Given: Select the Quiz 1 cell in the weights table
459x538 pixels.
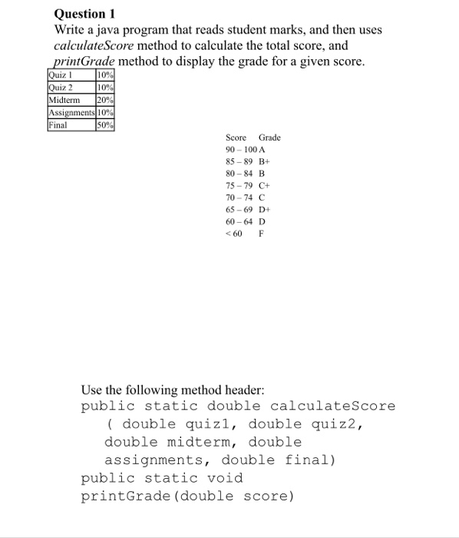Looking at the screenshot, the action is point(60,75).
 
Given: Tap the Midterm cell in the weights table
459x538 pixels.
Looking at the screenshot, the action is point(65,100).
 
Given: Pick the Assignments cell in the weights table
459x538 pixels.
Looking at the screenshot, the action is point(71,112).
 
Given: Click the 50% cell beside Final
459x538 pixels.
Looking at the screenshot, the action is point(105,125).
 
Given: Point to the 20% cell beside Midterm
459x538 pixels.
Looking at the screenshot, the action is point(105,100).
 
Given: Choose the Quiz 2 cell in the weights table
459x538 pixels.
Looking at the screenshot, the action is point(60,88).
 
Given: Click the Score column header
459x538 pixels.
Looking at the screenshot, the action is point(236,138).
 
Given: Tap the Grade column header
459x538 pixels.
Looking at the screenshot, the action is point(269,138).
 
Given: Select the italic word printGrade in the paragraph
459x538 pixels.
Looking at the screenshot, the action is point(84,62).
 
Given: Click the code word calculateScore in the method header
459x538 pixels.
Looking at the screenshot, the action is point(332,406).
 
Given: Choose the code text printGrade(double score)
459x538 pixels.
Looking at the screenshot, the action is point(187,496).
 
